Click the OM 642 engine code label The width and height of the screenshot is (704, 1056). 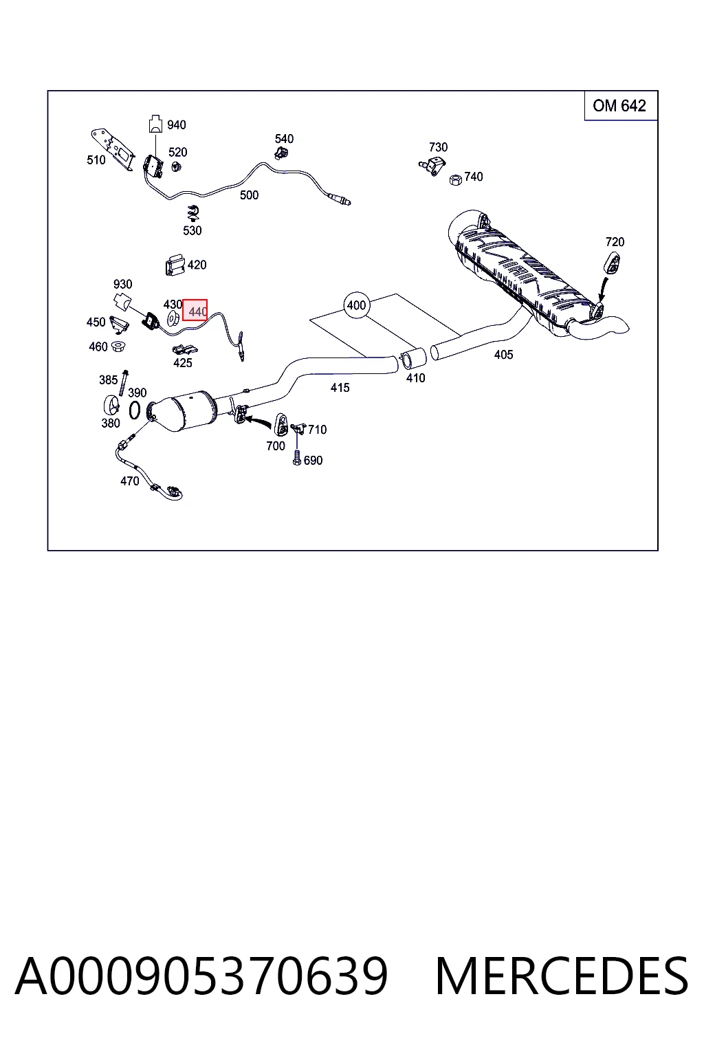tap(619, 106)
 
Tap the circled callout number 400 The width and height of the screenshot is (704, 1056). tap(357, 305)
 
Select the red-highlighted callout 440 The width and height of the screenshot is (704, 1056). tap(195, 310)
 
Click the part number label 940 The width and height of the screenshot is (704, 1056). tap(177, 125)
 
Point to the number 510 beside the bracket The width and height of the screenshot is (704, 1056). tap(96, 160)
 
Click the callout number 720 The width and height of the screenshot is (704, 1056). tap(615, 242)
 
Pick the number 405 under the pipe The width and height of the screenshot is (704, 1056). tap(504, 355)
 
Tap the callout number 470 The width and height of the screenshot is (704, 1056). tap(130, 481)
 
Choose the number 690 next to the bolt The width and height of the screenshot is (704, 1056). tap(313, 460)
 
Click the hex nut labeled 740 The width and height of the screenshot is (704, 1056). tap(455, 179)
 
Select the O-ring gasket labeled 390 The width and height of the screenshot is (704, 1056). tap(134, 410)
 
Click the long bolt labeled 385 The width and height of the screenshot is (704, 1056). tap(124, 383)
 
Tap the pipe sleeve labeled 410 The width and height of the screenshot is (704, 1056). tap(413, 359)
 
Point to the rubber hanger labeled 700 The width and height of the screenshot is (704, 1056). tap(281, 424)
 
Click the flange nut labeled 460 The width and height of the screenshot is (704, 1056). tap(118, 347)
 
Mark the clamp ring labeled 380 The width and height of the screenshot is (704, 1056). tap(111, 406)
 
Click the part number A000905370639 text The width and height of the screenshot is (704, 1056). tap(201, 976)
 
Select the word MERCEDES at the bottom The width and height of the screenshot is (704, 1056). tap(562, 976)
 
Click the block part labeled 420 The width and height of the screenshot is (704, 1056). tap(175, 265)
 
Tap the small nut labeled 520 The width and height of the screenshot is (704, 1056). tap(177, 166)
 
